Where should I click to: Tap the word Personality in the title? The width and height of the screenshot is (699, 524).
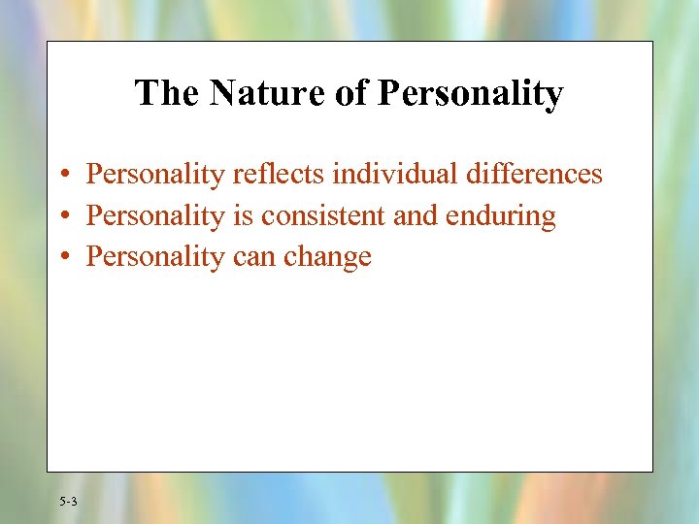pyautogui.click(x=470, y=94)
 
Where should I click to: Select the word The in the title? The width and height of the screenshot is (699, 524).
pyautogui.click(x=166, y=93)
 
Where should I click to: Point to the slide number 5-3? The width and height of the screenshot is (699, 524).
pyautogui.click(x=68, y=502)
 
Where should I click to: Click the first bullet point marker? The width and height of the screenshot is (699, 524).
pyautogui.click(x=62, y=176)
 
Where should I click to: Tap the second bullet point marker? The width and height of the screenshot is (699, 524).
pyautogui.click(x=62, y=216)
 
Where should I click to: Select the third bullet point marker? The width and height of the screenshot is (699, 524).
pyautogui.click(x=62, y=257)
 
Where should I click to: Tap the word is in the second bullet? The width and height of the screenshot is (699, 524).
pyautogui.click(x=242, y=214)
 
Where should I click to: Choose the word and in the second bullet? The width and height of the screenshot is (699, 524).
pyautogui.click(x=416, y=214)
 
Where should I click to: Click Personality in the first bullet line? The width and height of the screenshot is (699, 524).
pyautogui.click(x=154, y=175)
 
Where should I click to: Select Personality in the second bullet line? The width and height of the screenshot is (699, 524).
pyautogui.click(x=154, y=215)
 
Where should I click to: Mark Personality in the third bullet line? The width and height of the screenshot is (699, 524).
pyautogui.click(x=154, y=256)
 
